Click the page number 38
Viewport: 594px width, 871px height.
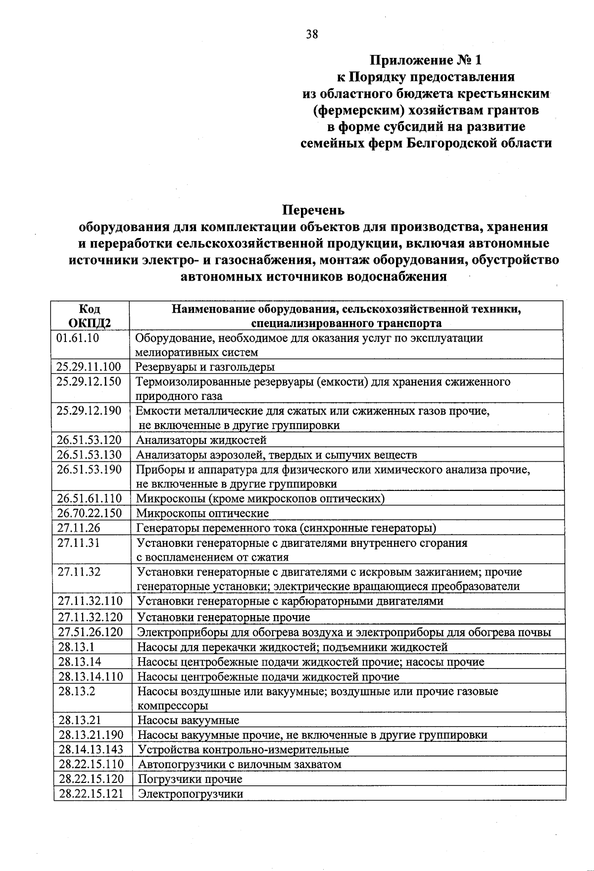[x=312, y=34]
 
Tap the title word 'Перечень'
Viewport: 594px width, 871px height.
[x=313, y=210]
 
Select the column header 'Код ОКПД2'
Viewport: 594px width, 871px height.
[x=90, y=316]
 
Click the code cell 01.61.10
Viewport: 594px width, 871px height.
[x=78, y=338]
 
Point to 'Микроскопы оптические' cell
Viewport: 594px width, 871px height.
[x=202, y=513]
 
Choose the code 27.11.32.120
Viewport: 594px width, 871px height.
[x=90, y=617]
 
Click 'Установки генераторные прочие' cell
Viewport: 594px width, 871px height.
[x=223, y=617]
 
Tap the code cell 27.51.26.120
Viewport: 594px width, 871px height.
[x=90, y=632]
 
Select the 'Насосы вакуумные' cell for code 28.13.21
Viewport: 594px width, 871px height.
[x=188, y=720]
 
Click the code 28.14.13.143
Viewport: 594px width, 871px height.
[x=91, y=749]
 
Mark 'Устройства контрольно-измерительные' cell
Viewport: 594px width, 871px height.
[x=243, y=749]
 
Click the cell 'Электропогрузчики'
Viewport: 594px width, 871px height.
[x=191, y=794]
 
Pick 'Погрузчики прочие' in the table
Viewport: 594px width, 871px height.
[x=190, y=779]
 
